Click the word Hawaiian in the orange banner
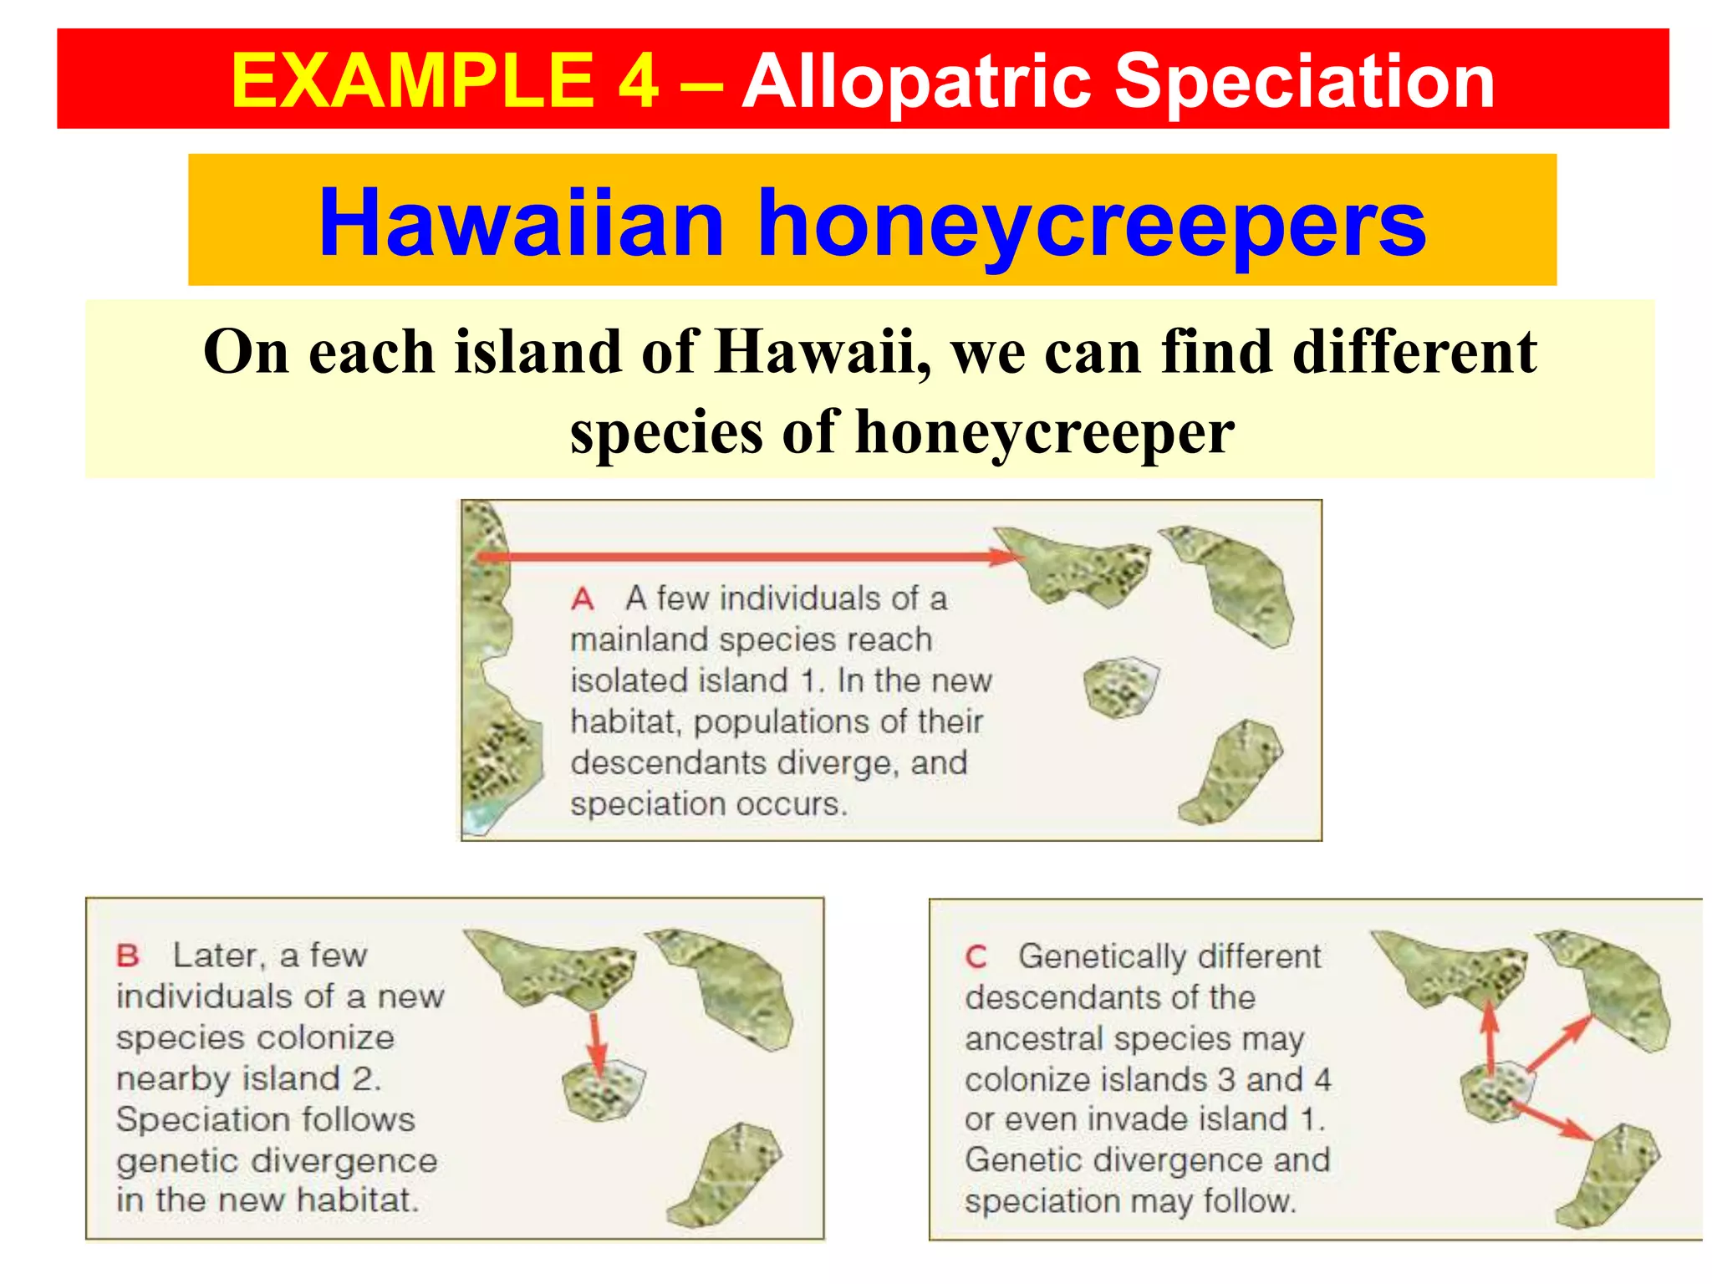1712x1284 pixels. click(521, 223)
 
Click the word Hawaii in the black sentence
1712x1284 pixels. click(822, 352)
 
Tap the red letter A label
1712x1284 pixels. click(583, 599)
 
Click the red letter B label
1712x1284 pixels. click(128, 955)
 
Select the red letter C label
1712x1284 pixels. click(976, 957)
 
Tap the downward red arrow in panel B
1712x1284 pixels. click(596, 1045)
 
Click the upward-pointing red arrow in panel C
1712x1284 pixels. click(1490, 1037)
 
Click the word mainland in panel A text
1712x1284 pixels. click(640, 640)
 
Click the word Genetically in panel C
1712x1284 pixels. click(1169, 956)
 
